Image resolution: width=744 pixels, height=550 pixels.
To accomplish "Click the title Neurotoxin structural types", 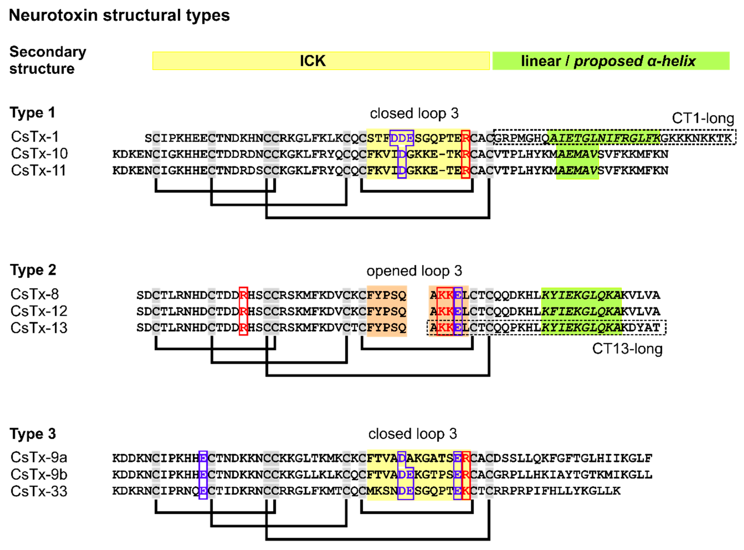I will pos(119,15).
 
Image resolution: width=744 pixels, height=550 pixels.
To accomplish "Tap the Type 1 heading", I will pos(32,113).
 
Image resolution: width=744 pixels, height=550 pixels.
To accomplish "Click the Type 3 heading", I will pos(33,434).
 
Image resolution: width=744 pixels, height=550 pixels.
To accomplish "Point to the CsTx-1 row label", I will pos(35,137).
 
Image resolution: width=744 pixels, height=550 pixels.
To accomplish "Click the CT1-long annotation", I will pos(703,118).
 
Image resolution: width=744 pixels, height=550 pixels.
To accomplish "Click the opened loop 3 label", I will pos(414,271).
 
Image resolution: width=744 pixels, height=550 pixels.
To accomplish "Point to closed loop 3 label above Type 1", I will pos(414,114).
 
